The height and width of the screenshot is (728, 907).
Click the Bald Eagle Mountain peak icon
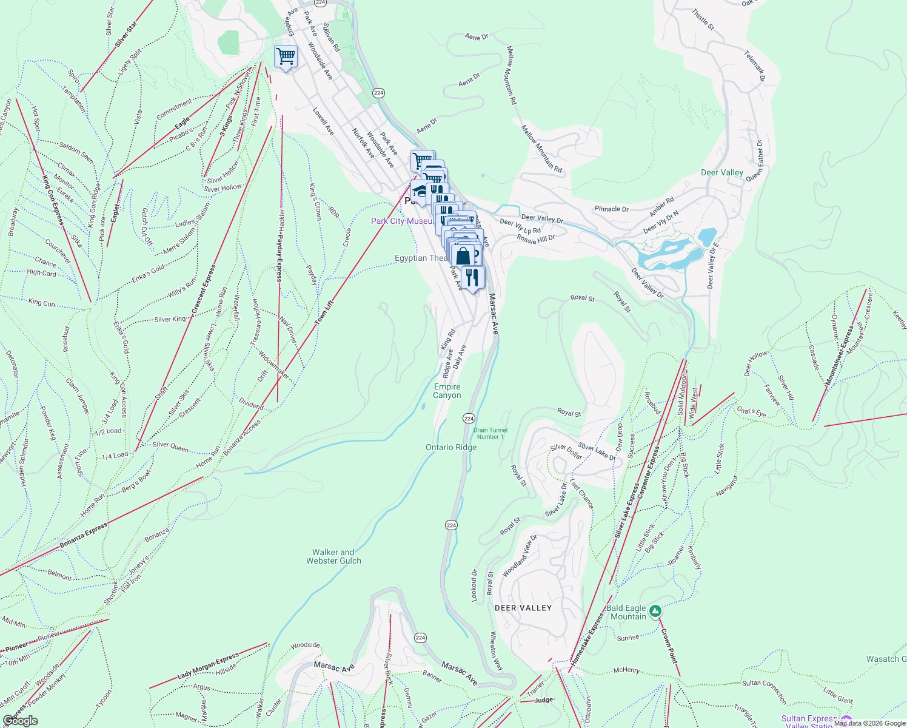(655, 611)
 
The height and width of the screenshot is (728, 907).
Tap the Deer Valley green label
(721, 173)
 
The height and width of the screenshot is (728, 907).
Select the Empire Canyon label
(447, 391)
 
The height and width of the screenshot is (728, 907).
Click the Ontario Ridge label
(451, 448)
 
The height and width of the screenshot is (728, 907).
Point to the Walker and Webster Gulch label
(333, 557)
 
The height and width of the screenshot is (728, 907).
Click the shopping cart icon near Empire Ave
(286, 56)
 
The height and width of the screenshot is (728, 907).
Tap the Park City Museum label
(402, 221)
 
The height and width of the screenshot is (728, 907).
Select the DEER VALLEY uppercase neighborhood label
(523, 608)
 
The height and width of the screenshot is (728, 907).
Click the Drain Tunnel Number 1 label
(490, 433)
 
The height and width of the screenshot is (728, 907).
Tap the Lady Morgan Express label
(208, 667)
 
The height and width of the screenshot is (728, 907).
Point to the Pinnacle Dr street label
(611, 209)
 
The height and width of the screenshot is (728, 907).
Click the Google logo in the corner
(20, 721)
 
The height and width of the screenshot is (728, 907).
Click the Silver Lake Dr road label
(596, 451)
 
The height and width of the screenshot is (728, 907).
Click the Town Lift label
(325, 313)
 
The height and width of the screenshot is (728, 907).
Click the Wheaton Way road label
(495, 650)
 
